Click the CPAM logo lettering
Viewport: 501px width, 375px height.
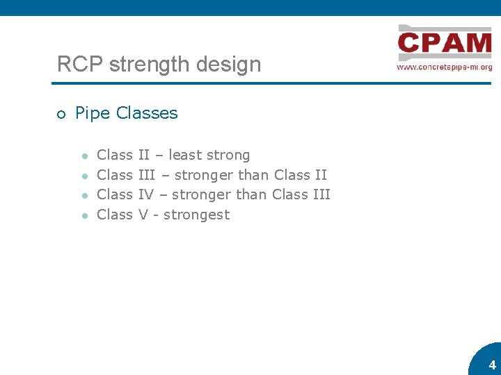445,44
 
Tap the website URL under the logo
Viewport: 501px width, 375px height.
445,67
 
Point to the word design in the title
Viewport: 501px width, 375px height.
230,65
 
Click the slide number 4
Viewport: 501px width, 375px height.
492,365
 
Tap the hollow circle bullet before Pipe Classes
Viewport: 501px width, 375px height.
61,115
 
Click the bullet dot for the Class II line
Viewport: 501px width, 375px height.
83,156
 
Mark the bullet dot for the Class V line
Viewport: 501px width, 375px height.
83,215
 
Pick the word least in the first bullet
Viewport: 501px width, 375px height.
185,155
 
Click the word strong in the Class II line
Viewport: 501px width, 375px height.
228,155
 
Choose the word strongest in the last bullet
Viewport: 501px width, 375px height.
196,215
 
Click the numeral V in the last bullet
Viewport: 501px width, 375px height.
143,215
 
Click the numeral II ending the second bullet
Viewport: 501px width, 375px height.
320,175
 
